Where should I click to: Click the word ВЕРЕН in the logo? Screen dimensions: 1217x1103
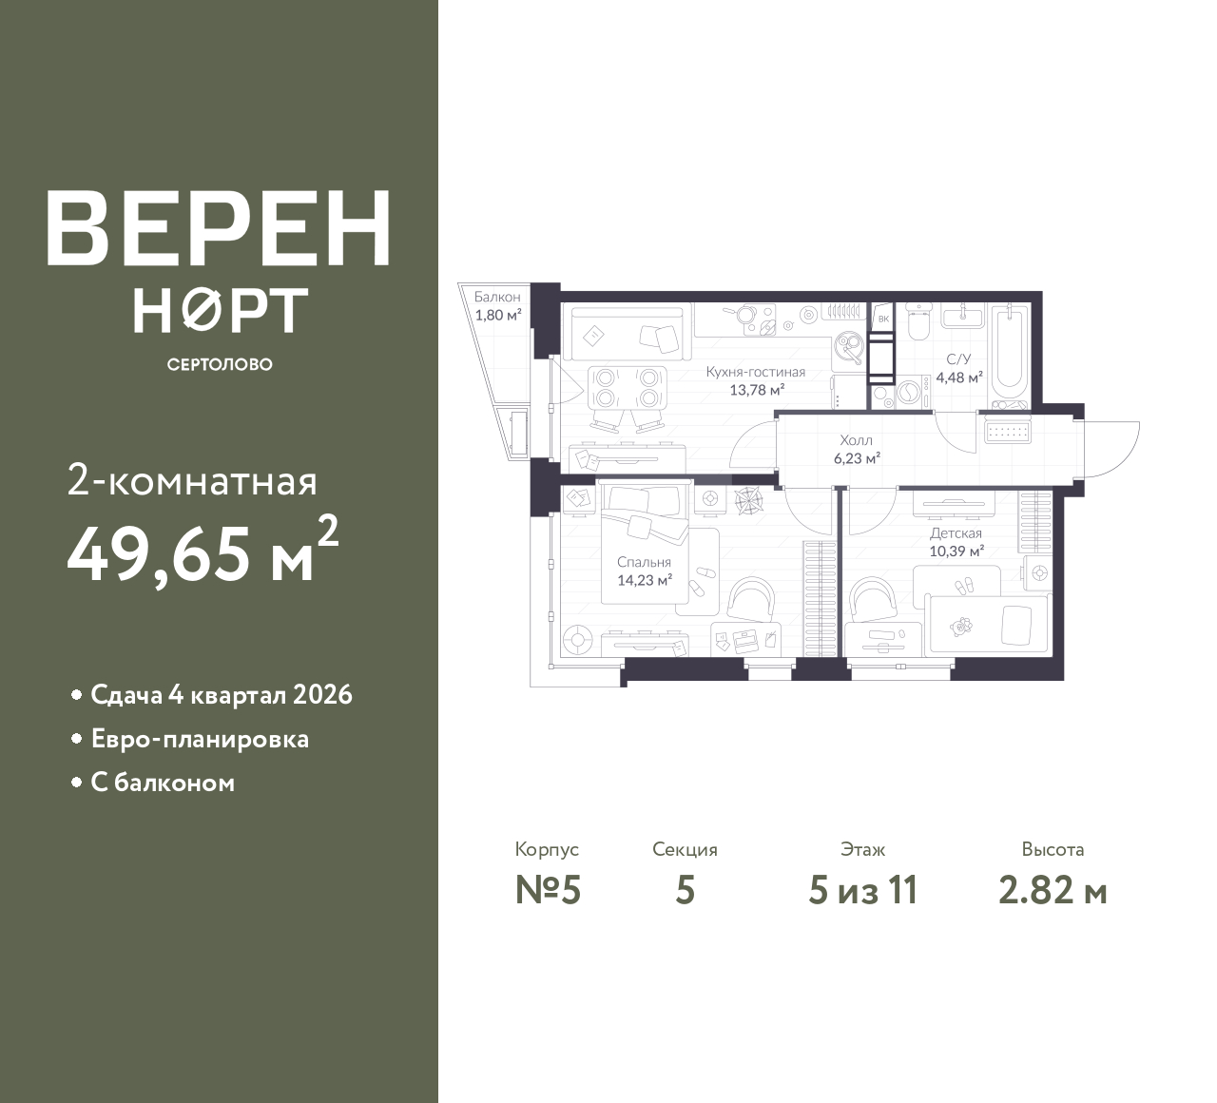click(219, 228)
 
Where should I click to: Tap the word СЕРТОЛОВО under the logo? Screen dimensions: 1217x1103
click(220, 364)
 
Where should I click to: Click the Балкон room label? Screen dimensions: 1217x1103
click(497, 298)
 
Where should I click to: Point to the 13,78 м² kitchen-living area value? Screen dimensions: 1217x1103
click(757, 390)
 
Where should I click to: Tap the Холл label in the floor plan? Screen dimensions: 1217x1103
click(856, 440)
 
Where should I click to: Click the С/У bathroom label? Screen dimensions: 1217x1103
click(958, 359)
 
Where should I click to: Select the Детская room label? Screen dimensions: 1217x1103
click(956, 533)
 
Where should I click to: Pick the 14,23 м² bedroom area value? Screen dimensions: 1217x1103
click(645, 581)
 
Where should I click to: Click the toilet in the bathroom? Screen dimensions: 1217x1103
click(918, 322)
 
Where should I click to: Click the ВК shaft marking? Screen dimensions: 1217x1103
click(883, 319)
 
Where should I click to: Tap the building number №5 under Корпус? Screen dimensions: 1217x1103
click(548, 891)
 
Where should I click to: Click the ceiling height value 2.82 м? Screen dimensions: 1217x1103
click(1053, 891)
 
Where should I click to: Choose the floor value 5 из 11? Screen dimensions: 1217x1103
click(862, 891)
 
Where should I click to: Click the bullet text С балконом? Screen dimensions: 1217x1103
click(163, 784)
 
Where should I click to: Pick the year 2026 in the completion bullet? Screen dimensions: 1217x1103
click(322, 695)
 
